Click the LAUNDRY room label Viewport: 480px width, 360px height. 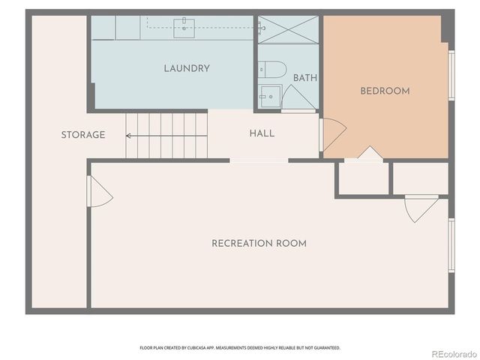click(x=187, y=68)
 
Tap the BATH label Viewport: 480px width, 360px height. click(x=304, y=77)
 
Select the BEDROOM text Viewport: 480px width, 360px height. click(x=385, y=91)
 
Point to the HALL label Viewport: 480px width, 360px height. click(x=262, y=133)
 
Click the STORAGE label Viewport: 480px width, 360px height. click(x=83, y=135)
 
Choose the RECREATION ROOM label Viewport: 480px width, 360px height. click(x=259, y=243)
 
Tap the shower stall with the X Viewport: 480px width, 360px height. click(x=288, y=29)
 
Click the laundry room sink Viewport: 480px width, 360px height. click(x=184, y=28)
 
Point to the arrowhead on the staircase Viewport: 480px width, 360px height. click(x=129, y=136)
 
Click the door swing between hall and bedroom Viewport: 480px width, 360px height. click(x=332, y=133)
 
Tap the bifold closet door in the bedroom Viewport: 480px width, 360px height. click(x=369, y=154)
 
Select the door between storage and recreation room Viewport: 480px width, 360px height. click(x=99, y=192)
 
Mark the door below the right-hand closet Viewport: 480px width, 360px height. click(x=420, y=208)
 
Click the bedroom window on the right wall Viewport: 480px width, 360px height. click(x=451, y=75)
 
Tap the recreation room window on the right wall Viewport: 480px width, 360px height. click(x=451, y=244)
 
